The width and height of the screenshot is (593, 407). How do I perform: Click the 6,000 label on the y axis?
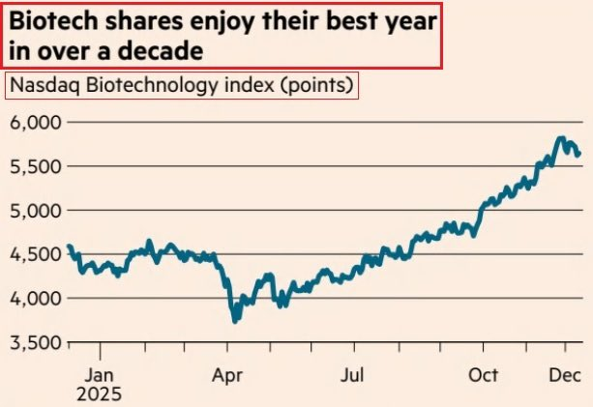click(x=34, y=122)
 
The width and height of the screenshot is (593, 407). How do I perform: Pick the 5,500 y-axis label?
click(x=34, y=166)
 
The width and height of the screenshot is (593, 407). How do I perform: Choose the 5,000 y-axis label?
click(x=34, y=210)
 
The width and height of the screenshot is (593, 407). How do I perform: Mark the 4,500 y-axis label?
click(x=34, y=254)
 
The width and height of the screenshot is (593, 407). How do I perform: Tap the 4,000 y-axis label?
click(x=34, y=298)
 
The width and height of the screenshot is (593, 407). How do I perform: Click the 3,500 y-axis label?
click(x=34, y=342)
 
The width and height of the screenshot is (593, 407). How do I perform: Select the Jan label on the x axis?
click(x=102, y=373)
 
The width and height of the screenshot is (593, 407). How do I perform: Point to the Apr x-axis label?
click(x=228, y=373)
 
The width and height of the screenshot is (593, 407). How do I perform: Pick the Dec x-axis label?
click(x=566, y=373)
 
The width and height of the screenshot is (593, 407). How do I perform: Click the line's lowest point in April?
click(x=233, y=320)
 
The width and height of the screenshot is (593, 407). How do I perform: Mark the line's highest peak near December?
click(x=561, y=139)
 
